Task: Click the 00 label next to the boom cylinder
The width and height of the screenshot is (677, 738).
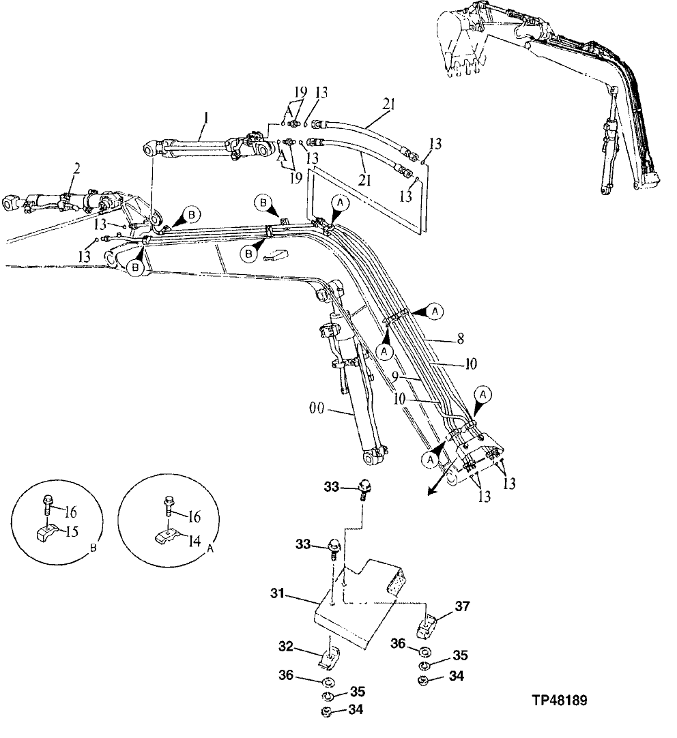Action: [317, 409]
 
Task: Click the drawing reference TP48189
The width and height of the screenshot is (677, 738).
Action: [560, 700]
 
